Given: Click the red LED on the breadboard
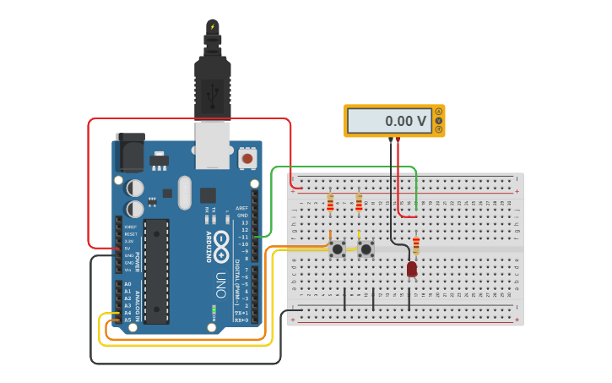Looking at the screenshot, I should point(412,269).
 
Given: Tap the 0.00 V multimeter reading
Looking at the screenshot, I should point(405,121).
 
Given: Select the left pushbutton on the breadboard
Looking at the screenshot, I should point(338,249).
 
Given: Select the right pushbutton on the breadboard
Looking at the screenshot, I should point(366,249).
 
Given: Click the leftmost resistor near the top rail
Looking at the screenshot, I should point(330,202).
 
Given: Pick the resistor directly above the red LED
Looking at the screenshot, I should point(415,245).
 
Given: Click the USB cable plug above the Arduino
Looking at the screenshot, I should point(212,85).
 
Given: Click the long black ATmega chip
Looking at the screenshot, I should point(156,271).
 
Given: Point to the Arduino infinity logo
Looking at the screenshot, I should point(221,240).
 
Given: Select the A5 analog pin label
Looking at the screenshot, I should point(127,320).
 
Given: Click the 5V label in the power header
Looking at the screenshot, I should point(129,248).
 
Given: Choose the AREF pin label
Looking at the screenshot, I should point(242,208).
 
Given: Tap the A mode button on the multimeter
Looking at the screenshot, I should point(438,112).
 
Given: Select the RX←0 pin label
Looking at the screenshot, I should point(241,320).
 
